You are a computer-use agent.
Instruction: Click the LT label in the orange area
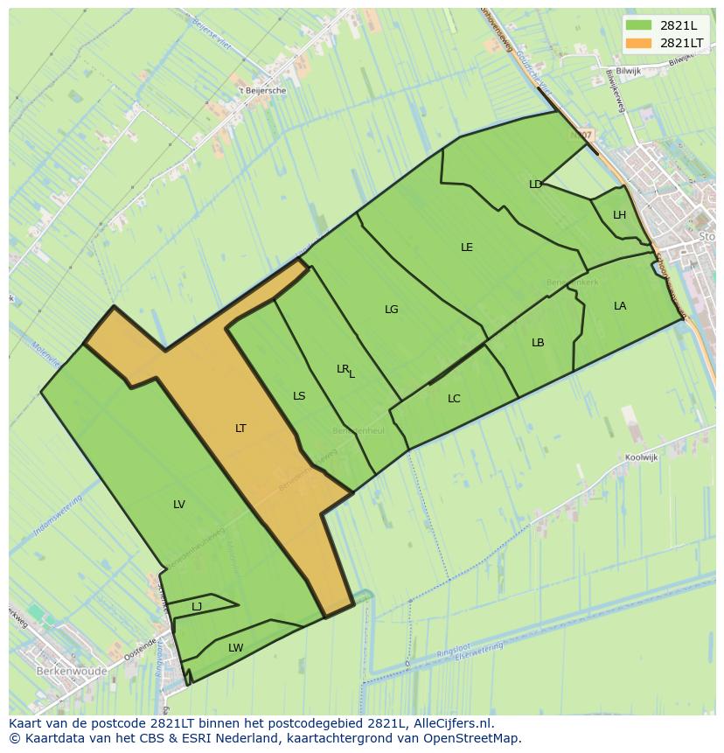click(x=240, y=429)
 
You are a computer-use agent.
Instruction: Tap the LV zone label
click(x=179, y=504)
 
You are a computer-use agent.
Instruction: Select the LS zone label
click(x=299, y=396)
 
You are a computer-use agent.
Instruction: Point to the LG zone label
click(x=392, y=310)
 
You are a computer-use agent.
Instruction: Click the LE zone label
click(x=467, y=248)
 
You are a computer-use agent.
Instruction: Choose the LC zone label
click(x=454, y=399)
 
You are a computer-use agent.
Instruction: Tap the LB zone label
click(x=538, y=343)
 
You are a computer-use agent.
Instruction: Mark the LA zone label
click(x=620, y=306)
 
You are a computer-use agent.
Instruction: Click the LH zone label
click(x=619, y=215)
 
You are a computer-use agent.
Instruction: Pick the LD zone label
click(x=535, y=184)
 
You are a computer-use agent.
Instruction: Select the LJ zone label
click(x=197, y=606)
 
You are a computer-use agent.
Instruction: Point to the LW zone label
click(x=235, y=648)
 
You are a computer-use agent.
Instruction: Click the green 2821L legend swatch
click(x=638, y=26)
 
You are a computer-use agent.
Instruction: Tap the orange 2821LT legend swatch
click(x=638, y=43)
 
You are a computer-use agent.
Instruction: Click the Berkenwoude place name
click(x=72, y=672)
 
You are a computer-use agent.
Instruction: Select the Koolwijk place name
click(x=641, y=457)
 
